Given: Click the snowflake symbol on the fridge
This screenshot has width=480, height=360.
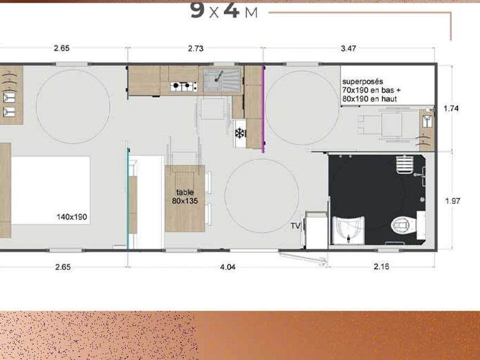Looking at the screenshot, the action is coord(241,133).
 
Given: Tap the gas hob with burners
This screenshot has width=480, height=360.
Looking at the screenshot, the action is coord(183,86).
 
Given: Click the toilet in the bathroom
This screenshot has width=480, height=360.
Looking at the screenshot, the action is coord(401,226).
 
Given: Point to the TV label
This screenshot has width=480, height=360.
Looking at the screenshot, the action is coord(295,226).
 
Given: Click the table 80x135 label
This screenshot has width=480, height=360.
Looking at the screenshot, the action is coord(185,196).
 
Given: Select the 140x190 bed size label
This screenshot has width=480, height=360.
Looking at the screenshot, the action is coord(71,217).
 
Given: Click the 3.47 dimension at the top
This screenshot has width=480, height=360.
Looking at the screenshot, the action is coord(348,49).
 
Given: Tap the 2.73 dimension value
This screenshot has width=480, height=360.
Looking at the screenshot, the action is coord(195,49).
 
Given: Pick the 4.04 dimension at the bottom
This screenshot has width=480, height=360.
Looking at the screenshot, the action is coord(228,267).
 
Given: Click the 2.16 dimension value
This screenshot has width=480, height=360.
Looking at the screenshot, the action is coord(381,267).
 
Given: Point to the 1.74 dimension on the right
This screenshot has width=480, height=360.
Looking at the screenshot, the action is coord(451,108).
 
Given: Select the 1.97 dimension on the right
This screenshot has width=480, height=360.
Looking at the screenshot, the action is coord(452,201).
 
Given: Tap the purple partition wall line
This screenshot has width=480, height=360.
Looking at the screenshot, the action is coord(263,109).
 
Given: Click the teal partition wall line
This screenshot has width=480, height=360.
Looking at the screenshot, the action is coord(128,198).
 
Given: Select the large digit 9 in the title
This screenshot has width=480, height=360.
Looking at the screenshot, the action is coord(197,10).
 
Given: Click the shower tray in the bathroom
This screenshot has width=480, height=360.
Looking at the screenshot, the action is coord(349,230).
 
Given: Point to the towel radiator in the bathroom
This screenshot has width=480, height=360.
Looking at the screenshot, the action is coord(404,165).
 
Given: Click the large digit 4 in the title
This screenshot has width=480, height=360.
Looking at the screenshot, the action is coord(231,10).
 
